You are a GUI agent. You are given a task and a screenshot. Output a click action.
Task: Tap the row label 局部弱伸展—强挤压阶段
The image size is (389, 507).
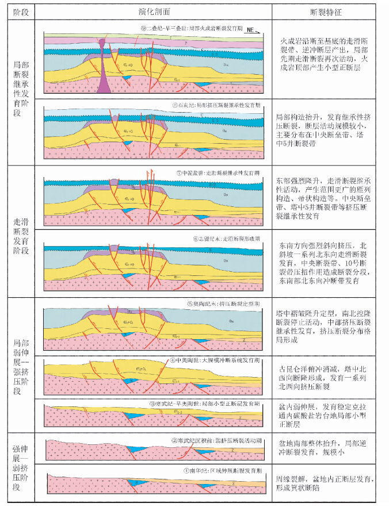coord(18,365)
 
